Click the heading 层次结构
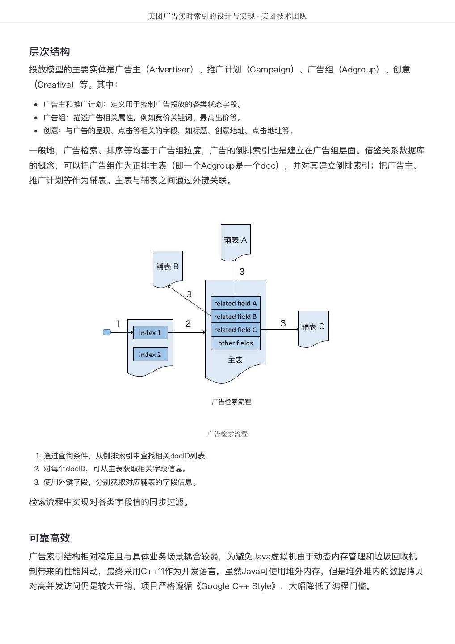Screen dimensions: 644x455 click(x=49, y=51)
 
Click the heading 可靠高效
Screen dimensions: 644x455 click(x=49, y=538)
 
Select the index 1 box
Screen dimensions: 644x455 click(x=150, y=333)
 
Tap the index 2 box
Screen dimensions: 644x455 click(x=150, y=355)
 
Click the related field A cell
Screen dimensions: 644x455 click(x=236, y=303)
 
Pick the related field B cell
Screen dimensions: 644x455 click(x=236, y=317)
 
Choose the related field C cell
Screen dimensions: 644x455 click(x=236, y=330)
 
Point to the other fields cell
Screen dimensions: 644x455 click(x=236, y=343)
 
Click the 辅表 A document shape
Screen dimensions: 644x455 click(x=236, y=241)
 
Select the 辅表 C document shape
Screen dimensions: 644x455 click(x=313, y=327)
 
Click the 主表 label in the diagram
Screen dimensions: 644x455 click(x=236, y=360)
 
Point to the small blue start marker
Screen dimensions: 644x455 click(x=107, y=332)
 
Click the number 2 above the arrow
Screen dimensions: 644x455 click(x=188, y=324)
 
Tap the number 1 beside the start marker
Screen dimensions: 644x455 click(x=118, y=324)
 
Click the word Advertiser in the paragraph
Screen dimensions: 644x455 click(x=171, y=70)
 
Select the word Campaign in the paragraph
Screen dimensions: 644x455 click(x=271, y=70)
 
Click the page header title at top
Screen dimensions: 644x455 click(x=227, y=16)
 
